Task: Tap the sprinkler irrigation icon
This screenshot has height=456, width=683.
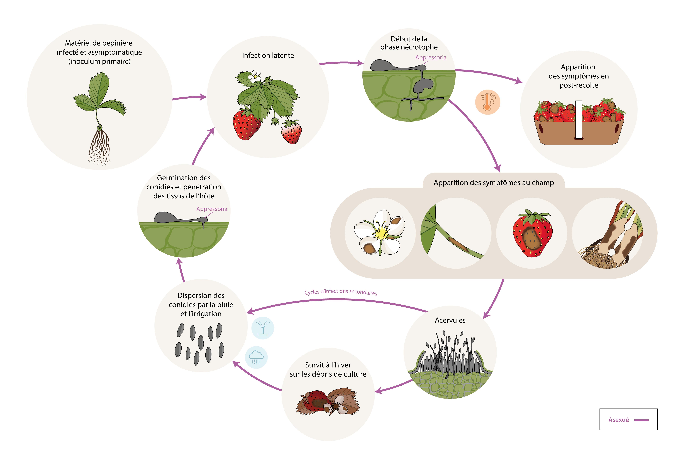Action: pyautogui.click(x=262, y=328)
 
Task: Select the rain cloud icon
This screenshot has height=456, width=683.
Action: pyautogui.click(x=256, y=357)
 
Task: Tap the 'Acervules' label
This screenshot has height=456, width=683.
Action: pyautogui.click(x=450, y=320)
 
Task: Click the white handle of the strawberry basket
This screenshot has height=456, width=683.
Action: pyautogui.click(x=579, y=119)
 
